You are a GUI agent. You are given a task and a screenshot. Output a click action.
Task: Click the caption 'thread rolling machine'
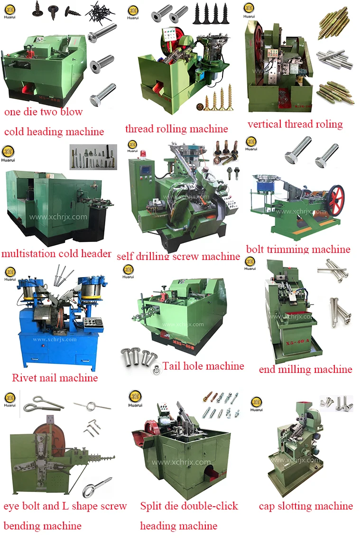[x=176, y=129]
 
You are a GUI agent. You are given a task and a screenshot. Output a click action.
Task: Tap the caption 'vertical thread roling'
[x=295, y=124]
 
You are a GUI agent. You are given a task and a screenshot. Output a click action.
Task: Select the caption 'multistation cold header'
[x=56, y=253]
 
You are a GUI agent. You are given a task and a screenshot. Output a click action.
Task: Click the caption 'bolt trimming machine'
[x=298, y=249]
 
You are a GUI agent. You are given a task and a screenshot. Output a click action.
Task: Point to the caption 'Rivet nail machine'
[x=55, y=378]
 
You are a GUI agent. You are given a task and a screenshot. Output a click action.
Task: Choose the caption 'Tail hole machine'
[x=203, y=366]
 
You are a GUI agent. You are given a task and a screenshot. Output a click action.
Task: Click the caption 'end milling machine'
[x=305, y=369]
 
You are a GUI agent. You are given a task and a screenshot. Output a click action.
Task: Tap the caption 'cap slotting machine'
[x=305, y=506]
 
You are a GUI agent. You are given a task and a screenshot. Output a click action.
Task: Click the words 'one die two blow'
[x=43, y=112]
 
